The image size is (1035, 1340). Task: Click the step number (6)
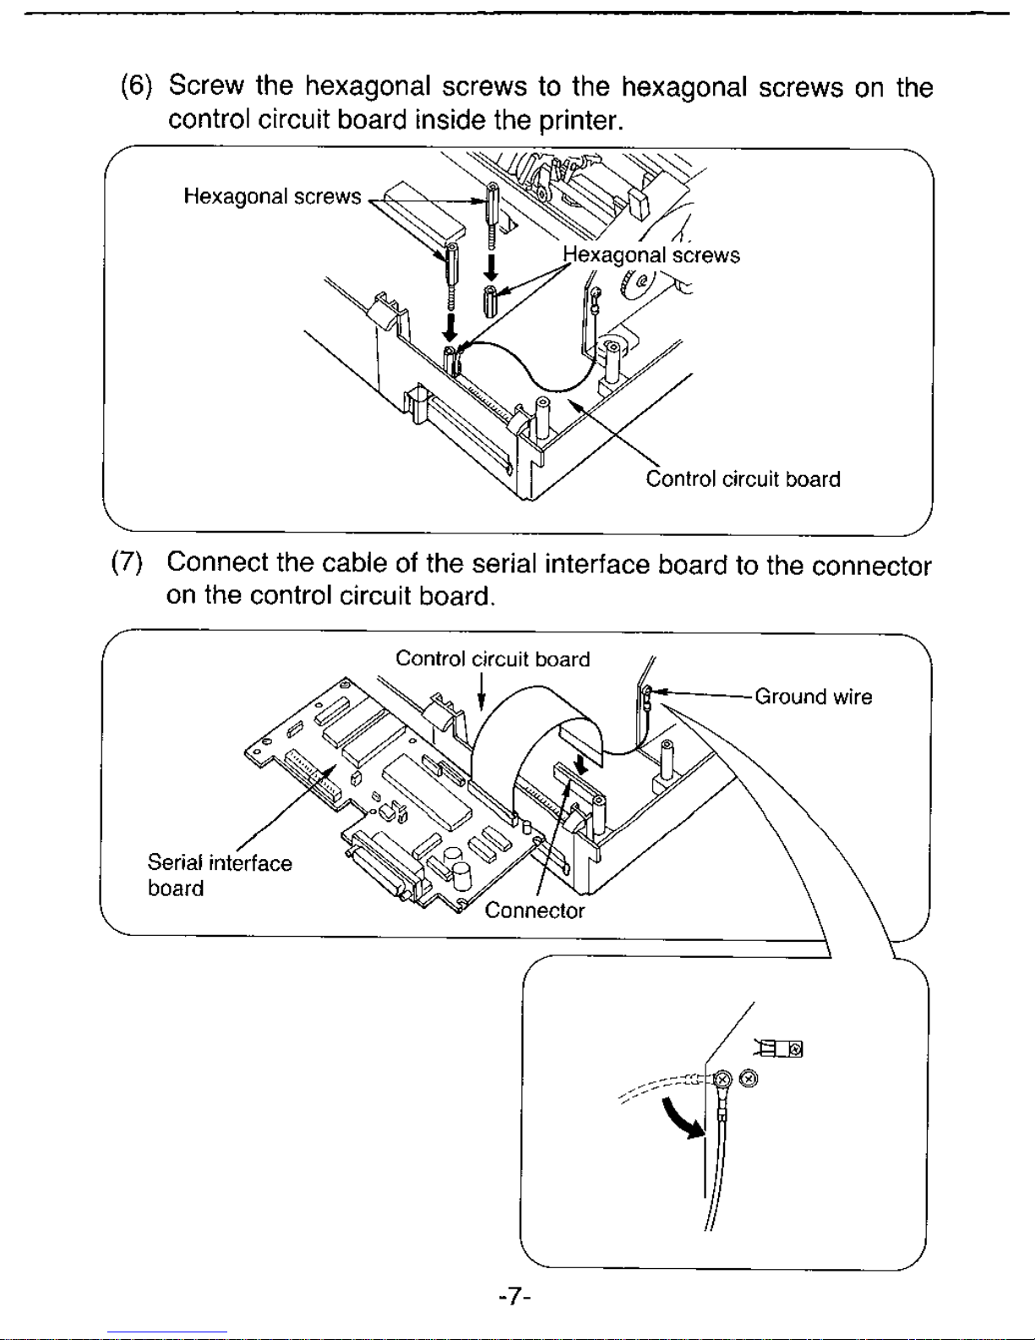135,85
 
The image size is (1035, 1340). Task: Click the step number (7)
126,561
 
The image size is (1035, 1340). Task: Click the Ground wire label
813,696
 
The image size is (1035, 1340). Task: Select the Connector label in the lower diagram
534,911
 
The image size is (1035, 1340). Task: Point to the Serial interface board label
220,875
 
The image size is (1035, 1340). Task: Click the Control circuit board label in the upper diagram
743,479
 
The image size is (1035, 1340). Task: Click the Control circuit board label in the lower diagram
493,659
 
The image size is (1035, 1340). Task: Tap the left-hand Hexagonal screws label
272,196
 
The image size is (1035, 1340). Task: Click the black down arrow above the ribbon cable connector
581,763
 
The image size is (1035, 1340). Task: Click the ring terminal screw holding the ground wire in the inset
722,1079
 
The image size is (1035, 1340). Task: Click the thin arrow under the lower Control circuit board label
482,691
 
